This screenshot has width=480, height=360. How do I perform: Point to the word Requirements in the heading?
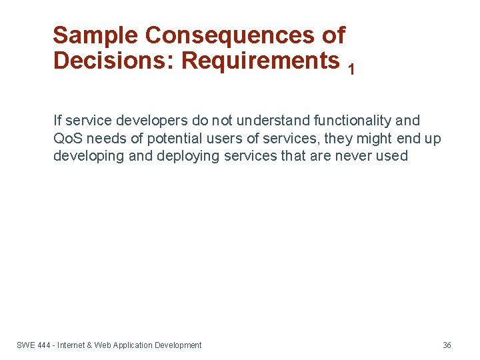261,61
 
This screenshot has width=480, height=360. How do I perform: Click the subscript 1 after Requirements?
351,69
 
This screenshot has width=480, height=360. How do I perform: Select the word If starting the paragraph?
57,121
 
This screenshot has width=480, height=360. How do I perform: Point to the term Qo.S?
67,139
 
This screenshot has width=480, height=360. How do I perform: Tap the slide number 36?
447,345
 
